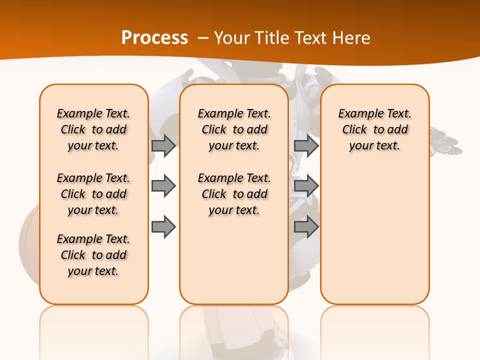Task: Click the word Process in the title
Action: [x=154, y=38]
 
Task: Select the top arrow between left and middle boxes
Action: [x=163, y=146]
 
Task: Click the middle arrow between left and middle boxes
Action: [x=163, y=186]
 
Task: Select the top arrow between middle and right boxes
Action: [x=306, y=146]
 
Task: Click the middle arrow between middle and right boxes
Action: [x=306, y=186]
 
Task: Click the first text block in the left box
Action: [x=93, y=129]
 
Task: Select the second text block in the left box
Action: [x=93, y=194]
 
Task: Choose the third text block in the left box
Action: [x=93, y=255]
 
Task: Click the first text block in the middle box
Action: [x=234, y=129]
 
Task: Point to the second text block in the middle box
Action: [x=234, y=194]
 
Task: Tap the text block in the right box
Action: [x=374, y=129]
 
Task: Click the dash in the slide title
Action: [x=203, y=38]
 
